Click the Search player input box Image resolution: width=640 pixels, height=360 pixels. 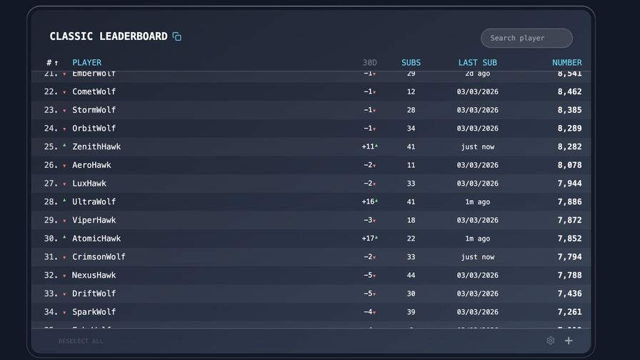526,38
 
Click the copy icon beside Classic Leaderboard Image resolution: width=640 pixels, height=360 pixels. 177,36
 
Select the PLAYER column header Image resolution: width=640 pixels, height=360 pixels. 87,62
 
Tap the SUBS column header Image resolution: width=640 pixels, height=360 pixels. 411,62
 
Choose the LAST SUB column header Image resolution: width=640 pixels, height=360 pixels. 477,62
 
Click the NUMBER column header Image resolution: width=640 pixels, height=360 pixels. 566,62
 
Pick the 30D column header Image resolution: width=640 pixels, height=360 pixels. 369,62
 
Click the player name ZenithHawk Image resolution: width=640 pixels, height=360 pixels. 96,146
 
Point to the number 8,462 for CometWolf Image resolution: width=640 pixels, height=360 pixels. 569,91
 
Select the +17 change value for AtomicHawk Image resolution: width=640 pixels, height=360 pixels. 369,239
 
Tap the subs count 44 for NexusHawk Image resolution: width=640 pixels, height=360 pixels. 411,275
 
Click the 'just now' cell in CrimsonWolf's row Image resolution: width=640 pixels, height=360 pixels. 478,257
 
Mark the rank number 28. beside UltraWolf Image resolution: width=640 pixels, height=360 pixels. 51,202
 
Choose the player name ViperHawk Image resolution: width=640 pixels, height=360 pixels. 94,220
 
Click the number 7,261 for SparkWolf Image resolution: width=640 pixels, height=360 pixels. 569,312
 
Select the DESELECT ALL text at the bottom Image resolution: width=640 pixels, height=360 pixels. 81,341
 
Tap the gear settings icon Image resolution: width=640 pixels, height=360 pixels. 550,341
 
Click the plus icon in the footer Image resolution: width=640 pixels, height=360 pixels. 569,341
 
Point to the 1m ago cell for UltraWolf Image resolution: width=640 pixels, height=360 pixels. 478,202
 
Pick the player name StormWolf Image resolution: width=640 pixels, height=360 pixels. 94,110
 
